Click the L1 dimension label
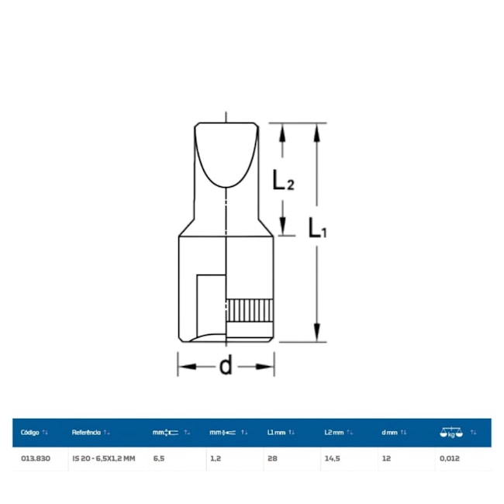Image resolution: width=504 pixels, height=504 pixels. tap(318, 227)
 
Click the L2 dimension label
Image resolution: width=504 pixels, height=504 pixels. tap(283, 179)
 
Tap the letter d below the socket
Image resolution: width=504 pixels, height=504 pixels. tap(226, 365)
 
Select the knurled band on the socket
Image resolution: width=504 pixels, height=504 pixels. tap(250, 310)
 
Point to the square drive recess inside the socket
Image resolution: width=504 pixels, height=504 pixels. tap(211, 305)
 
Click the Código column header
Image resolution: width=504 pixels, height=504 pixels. tap(29, 433)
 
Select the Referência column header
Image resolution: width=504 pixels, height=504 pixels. tap(86, 433)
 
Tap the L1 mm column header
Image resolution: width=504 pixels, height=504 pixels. tap(276, 433)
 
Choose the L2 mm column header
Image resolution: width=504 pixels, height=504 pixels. tap(334, 433)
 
